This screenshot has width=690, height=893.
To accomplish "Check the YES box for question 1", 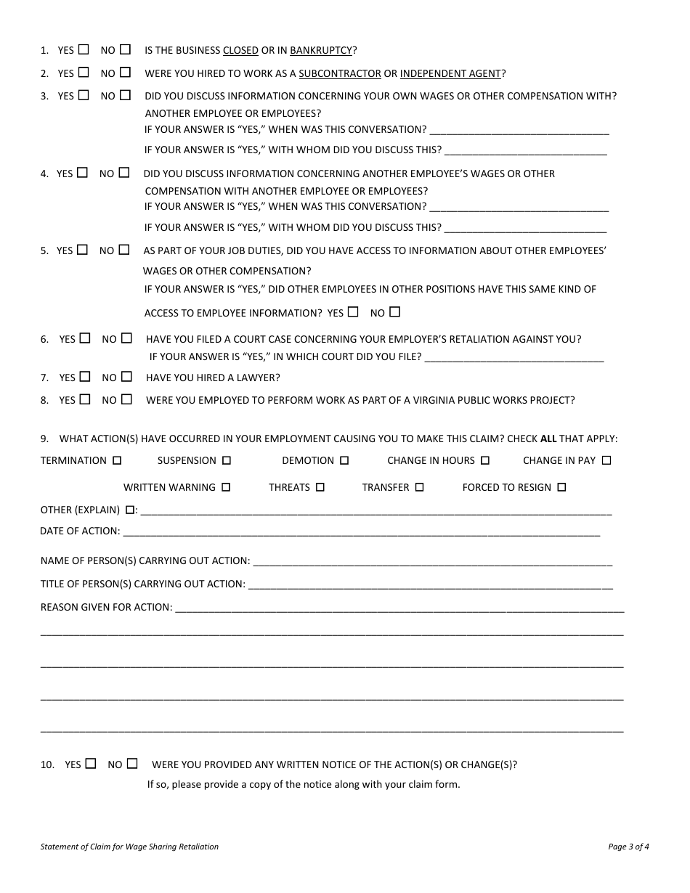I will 84,50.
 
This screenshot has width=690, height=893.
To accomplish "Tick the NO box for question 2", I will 126,73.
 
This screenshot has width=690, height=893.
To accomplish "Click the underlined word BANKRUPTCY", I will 321,51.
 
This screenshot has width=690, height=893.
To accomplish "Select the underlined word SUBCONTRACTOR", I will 340,73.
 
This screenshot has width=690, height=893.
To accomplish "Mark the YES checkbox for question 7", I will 85,377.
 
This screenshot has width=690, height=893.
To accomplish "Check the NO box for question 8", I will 126,399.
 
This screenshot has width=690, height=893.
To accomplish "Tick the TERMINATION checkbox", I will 118,460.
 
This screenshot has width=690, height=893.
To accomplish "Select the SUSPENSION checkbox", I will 227,460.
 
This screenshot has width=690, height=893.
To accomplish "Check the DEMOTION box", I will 344,460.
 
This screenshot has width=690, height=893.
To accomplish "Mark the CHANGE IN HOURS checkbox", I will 485,460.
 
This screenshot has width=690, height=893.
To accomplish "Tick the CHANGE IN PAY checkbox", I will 606,460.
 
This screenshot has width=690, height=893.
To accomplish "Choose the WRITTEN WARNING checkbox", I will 226,487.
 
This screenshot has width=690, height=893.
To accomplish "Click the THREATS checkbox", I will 320,487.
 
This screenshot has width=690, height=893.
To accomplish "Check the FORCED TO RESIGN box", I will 561,487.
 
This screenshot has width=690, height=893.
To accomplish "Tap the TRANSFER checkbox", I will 419,487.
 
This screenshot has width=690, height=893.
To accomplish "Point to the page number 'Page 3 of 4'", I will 628,847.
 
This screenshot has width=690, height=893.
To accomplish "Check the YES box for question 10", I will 90,763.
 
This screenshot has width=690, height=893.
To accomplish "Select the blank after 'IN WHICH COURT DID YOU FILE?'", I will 514,357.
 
